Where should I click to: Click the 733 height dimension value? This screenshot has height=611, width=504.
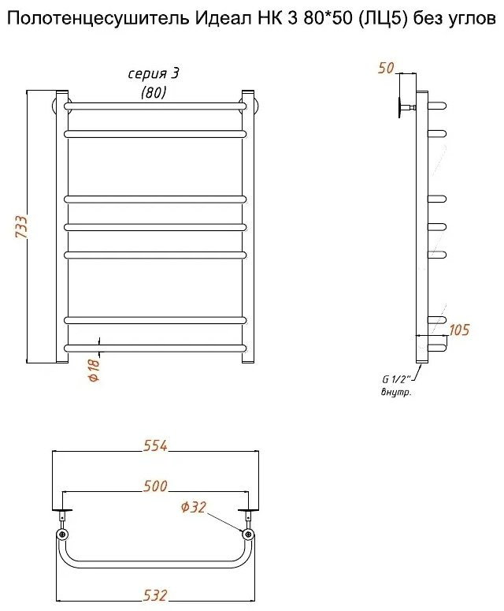[x=21, y=226]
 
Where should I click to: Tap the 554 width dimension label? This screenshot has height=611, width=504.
[x=155, y=445]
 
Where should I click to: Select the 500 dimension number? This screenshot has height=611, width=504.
[x=155, y=486]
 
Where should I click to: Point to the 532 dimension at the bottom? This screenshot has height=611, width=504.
[x=155, y=595]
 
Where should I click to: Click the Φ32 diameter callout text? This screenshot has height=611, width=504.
[x=193, y=507]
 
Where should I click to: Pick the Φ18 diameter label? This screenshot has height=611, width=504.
[x=94, y=370]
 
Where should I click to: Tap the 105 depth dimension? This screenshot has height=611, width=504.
[x=459, y=330]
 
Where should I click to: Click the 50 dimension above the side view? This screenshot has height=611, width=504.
[x=386, y=68]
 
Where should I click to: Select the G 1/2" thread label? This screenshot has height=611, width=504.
[x=395, y=378]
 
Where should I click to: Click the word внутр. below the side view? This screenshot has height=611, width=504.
[x=396, y=393]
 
